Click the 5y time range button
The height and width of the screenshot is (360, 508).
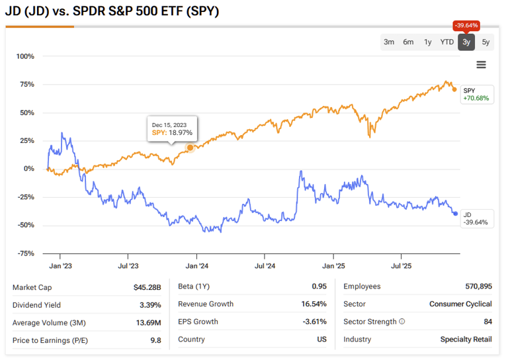(486, 42)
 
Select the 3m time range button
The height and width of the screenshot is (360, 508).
(389, 42)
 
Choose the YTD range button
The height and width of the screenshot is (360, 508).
(447, 42)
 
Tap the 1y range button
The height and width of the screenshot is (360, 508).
(428, 42)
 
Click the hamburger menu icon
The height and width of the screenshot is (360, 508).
(481, 65)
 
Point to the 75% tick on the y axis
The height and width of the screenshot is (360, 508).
(26, 85)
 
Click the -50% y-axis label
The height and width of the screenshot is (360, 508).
(24, 226)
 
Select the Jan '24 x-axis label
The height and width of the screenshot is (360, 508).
(196, 267)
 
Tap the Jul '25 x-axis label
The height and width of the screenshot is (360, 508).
(402, 267)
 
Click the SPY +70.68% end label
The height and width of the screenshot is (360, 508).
(475, 95)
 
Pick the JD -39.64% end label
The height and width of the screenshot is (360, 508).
(475, 218)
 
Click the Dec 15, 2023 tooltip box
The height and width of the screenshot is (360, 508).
(173, 129)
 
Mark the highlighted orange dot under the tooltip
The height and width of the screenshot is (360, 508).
(190, 148)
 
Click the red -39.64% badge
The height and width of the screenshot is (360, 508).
(466, 26)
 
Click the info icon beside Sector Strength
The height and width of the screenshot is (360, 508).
(402, 322)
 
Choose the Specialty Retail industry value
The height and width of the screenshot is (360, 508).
(466, 339)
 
